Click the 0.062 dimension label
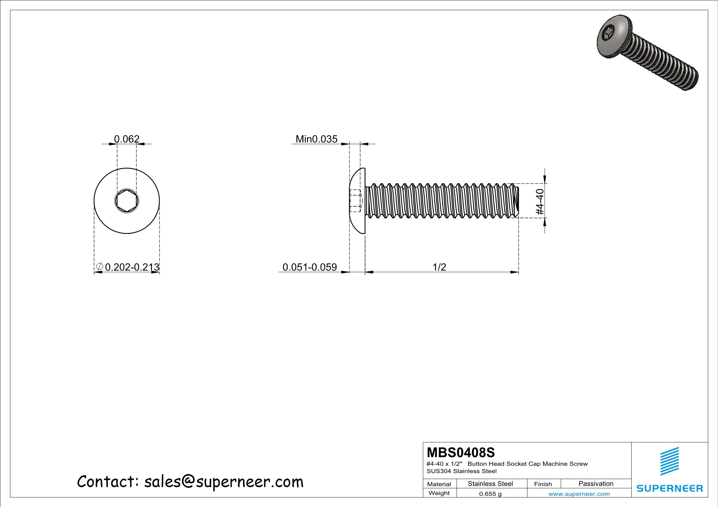(x=127, y=139)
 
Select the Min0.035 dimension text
(x=316, y=139)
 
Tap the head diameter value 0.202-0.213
(x=132, y=267)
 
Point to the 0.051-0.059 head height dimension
(x=310, y=267)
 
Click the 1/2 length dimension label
(x=439, y=267)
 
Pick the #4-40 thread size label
(x=540, y=202)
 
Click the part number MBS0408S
(x=461, y=453)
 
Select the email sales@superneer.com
(x=224, y=482)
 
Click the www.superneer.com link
(x=579, y=494)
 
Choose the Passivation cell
(x=596, y=484)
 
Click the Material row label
(x=439, y=484)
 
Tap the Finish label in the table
(x=543, y=484)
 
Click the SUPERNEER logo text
(x=670, y=488)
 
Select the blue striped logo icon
(x=670, y=461)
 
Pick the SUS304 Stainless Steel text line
(x=462, y=471)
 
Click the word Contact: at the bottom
(x=107, y=482)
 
